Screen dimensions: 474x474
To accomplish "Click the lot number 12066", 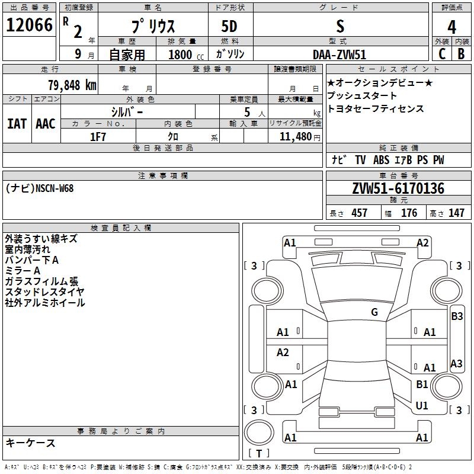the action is (x=29, y=25).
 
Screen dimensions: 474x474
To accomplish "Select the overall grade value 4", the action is (x=451, y=27).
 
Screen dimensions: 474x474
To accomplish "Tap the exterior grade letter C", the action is (x=442, y=54).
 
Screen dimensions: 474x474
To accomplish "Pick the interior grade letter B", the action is (x=461, y=54).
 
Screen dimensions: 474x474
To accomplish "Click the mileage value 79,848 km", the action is (x=72, y=85).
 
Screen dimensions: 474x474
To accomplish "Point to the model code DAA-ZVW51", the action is (x=340, y=55).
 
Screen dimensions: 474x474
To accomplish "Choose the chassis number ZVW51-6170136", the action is (x=398, y=188).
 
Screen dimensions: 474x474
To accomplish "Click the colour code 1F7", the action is (x=98, y=137).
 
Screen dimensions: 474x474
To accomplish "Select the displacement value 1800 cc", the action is (x=186, y=55).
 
